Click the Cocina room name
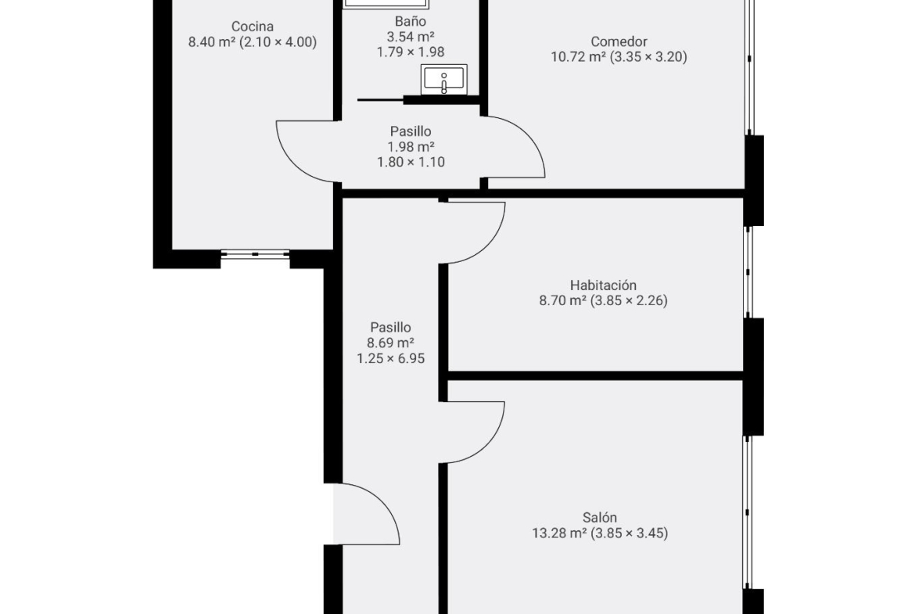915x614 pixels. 252,27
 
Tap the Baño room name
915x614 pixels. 411,21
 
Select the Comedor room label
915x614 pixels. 619,41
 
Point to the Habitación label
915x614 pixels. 603,285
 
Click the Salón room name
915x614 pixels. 599,518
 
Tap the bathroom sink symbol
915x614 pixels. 444,79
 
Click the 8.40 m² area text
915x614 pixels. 212,42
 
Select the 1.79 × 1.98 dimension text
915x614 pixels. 411,52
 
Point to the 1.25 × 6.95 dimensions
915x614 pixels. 390,358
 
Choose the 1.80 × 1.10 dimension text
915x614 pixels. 411,162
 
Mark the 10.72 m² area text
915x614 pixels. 578,56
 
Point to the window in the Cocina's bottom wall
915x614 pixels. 255,254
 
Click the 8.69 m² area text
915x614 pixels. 390,343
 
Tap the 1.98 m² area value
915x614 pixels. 411,147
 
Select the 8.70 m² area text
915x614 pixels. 562,300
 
